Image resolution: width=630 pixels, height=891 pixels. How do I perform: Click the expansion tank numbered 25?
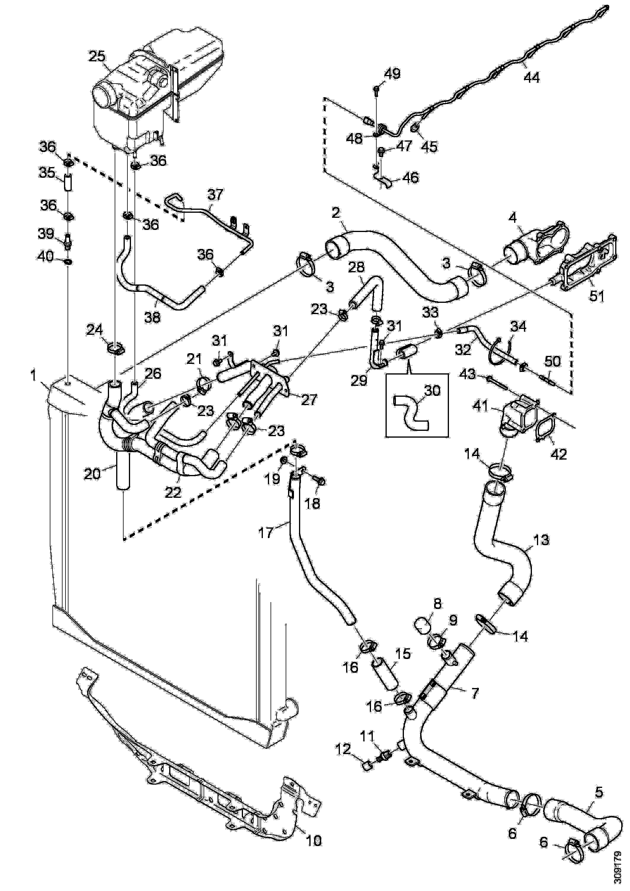(155, 89)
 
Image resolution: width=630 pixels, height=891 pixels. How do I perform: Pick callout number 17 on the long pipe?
(266, 532)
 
